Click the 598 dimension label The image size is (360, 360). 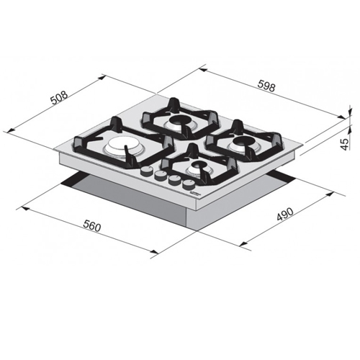pos(266,86)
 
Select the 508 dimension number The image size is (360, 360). pos(60,97)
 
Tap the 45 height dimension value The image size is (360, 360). pos(344,145)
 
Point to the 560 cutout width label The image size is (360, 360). pos(92,226)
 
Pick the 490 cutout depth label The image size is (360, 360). pos(285,214)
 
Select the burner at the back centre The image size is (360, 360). pos(179,121)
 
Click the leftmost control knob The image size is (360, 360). pos(145,171)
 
